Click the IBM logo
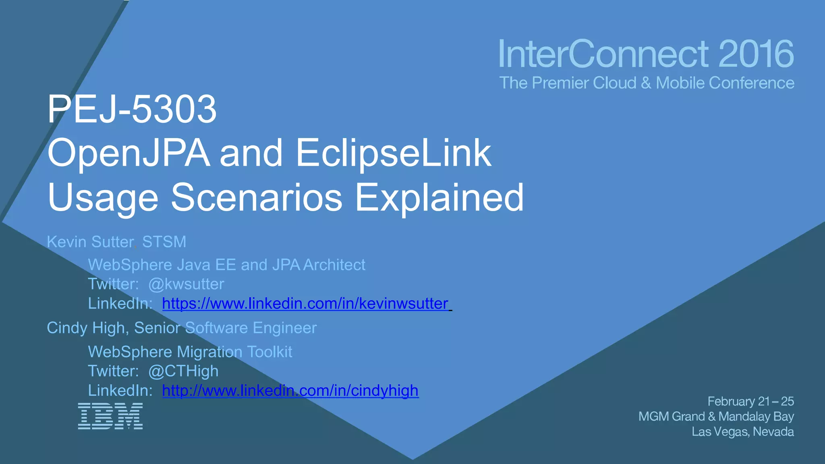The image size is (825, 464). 110,416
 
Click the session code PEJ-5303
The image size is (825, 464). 132,109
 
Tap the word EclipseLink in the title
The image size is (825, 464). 394,153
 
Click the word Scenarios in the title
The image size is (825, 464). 257,197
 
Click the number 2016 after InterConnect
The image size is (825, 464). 756,54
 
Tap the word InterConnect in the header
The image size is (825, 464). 603,54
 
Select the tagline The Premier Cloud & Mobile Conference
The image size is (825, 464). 647,83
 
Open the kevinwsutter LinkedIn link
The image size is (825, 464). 305,304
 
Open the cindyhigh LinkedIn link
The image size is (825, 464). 290,391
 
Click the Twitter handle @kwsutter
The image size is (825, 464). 186,284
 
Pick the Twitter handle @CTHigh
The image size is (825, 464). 183,371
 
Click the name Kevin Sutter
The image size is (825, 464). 90,242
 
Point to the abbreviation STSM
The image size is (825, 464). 164,242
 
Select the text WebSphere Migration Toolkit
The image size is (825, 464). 190,352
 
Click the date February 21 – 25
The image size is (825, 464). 750,401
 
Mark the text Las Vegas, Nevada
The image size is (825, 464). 742,432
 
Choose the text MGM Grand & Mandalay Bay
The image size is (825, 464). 716,416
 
